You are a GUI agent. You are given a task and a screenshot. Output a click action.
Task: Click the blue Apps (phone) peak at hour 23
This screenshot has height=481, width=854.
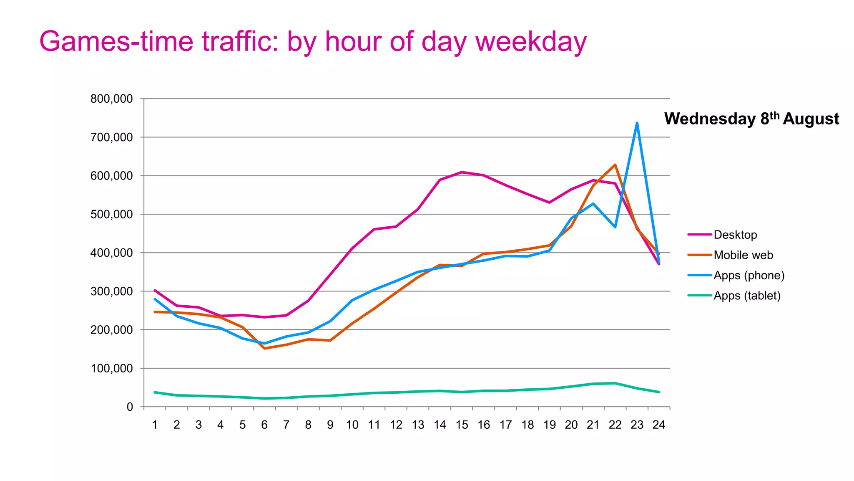[637, 123]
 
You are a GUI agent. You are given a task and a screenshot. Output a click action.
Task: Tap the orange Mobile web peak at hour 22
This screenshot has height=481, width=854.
[615, 165]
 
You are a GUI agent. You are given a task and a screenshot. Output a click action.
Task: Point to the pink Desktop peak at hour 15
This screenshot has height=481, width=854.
[462, 172]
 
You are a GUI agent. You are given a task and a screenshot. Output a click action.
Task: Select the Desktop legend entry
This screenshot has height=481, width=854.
[735, 235]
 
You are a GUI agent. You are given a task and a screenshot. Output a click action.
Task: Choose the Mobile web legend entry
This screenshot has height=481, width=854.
[743, 255]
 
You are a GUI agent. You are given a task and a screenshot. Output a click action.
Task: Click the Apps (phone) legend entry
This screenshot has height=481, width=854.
[749, 276]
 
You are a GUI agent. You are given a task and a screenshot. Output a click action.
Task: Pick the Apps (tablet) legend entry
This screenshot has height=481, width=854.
[746, 296]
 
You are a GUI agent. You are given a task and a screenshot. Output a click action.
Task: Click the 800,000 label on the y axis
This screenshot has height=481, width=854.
[111, 99]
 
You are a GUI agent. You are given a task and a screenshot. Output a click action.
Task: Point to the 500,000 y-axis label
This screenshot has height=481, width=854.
[111, 214]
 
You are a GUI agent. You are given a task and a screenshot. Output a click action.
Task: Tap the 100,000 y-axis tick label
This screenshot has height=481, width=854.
[111, 368]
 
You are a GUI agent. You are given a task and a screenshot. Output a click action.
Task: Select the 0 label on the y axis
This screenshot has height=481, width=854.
[130, 407]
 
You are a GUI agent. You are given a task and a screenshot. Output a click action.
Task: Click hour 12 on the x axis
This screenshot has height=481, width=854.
[396, 425]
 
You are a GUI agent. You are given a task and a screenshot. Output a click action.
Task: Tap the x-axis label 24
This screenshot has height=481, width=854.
[658, 425]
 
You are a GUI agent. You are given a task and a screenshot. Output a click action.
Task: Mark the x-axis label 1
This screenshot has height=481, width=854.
[155, 425]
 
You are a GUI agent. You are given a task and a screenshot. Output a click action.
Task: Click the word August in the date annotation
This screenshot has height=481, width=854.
[811, 119]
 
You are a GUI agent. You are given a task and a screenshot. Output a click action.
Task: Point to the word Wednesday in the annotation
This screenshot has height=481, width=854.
[709, 119]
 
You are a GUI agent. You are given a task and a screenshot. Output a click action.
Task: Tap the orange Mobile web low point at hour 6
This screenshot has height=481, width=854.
[264, 348]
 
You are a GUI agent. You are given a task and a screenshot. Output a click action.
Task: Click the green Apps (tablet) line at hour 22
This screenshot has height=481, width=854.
[615, 383]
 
